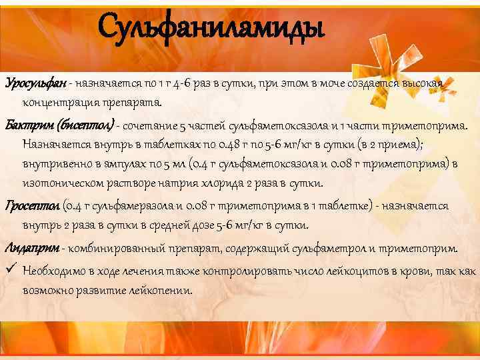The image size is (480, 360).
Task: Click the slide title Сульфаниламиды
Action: [x=211, y=29]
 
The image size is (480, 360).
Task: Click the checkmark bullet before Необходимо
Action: [x=9, y=270]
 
